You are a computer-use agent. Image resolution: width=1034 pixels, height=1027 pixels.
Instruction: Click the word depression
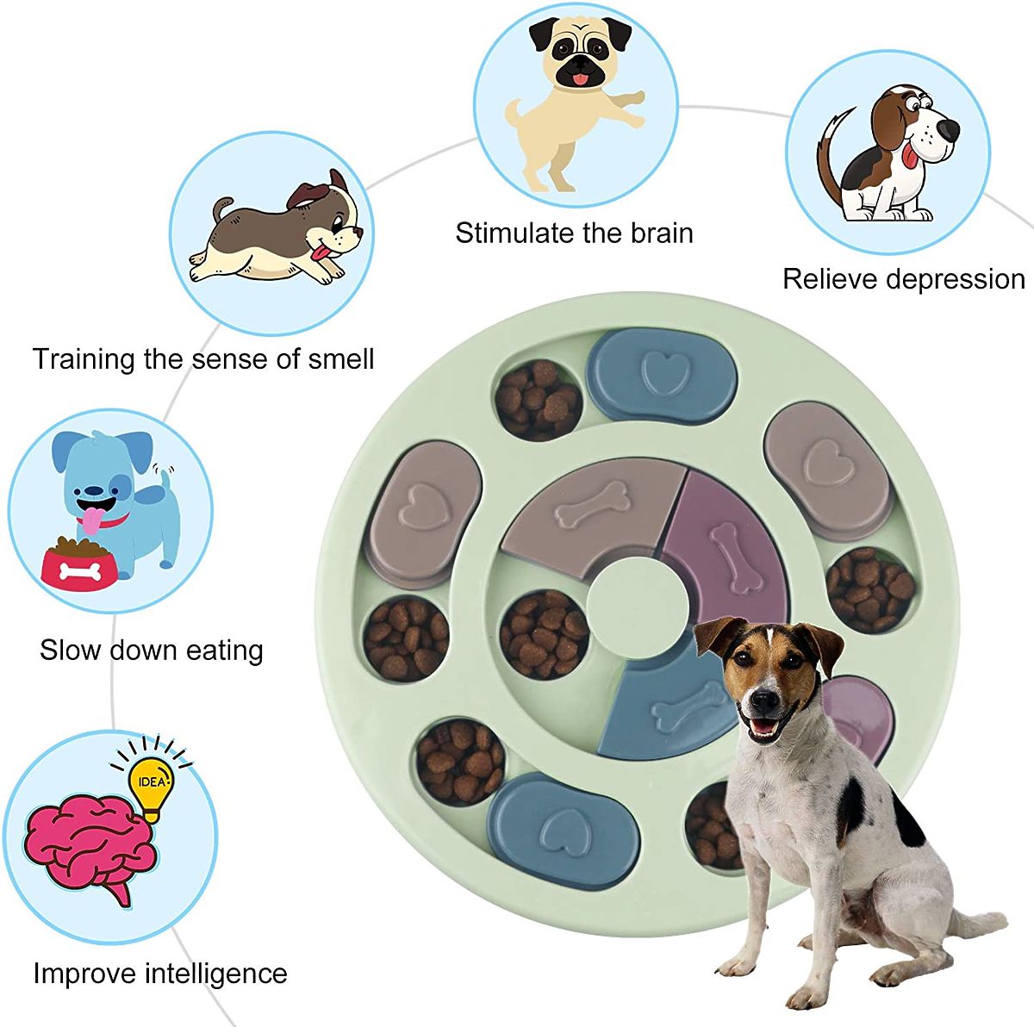[x=956, y=279]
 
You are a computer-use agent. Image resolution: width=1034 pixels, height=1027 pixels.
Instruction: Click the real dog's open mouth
[x=763, y=725]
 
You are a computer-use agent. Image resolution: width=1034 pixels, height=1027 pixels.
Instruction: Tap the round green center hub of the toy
[x=638, y=594]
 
